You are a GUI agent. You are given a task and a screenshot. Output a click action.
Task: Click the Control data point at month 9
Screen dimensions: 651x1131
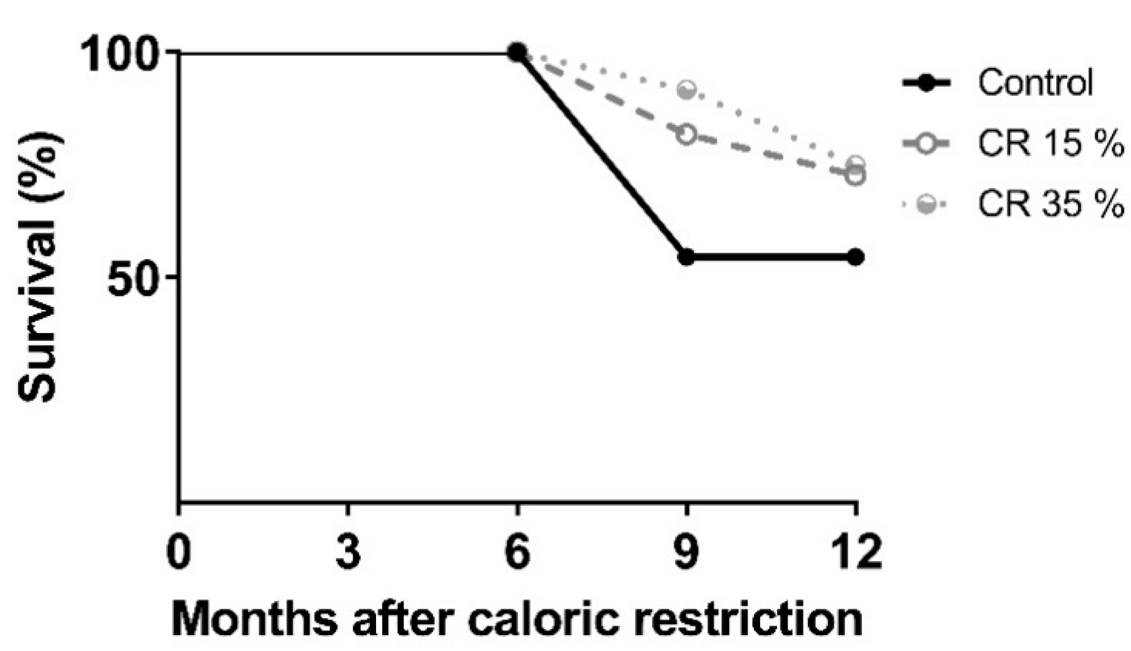click(x=686, y=257)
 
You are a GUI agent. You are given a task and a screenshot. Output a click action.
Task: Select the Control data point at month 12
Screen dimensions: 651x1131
click(x=856, y=257)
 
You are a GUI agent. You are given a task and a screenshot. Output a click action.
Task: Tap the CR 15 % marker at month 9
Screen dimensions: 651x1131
click(x=686, y=135)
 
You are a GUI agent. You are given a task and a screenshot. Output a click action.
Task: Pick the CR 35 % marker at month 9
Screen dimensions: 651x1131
click(x=687, y=90)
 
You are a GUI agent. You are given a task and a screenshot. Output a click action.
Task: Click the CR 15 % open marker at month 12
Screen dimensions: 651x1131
click(x=856, y=176)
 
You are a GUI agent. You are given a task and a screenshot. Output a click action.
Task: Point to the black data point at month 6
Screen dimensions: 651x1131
click(x=517, y=53)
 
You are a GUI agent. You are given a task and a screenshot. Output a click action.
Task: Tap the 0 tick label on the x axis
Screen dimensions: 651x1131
click(x=179, y=551)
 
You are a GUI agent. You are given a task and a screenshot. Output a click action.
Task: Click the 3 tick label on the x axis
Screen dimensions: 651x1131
click(x=348, y=551)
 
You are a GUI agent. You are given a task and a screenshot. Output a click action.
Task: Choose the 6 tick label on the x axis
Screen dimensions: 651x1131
click(x=517, y=551)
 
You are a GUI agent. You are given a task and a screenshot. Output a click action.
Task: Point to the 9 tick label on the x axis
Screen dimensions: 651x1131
click(x=686, y=551)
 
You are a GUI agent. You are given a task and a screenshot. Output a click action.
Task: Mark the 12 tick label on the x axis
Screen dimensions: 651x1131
click(x=856, y=551)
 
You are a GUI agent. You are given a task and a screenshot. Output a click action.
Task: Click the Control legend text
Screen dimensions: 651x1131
click(x=1035, y=83)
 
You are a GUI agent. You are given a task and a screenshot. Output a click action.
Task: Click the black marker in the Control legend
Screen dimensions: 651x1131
click(x=926, y=83)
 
